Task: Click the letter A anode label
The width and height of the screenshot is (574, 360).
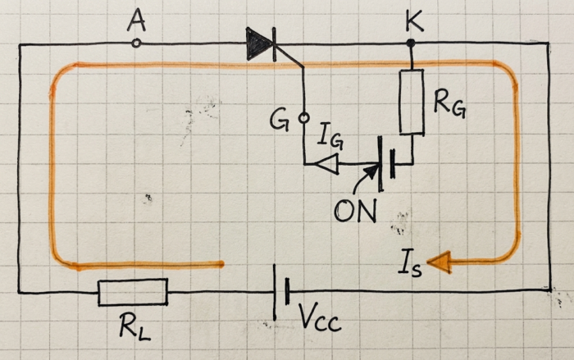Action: pyautogui.click(x=137, y=21)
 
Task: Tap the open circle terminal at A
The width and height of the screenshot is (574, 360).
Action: pyautogui.click(x=136, y=43)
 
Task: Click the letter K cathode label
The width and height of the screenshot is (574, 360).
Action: pyautogui.click(x=414, y=21)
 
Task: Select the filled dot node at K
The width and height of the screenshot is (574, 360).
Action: pyautogui.click(x=411, y=43)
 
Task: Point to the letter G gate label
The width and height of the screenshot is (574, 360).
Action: pyautogui.click(x=279, y=121)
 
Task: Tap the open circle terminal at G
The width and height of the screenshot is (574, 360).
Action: pyautogui.click(x=304, y=118)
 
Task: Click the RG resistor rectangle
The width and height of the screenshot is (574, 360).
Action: pyautogui.click(x=412, y=102)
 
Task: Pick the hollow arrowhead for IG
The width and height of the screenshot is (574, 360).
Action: pyautogui.click(x=326, y=164)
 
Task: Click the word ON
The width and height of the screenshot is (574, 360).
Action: pyautogui.click(x=355, y=212)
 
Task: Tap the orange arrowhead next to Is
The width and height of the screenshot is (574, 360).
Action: pyautogui.click(x=440, y=262)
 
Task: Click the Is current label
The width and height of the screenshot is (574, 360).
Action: pyautogui.click(x=410, y=262)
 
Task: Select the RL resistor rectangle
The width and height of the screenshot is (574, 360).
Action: pyautogui.click(x=133, y=292)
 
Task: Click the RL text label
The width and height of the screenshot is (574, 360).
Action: pyautogui.click(x=134, y=326)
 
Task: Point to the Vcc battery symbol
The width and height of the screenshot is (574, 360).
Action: pyautogui.click(x=281, y=292)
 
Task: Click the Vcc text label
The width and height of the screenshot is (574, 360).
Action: pyautogui.click(x=320, y=318)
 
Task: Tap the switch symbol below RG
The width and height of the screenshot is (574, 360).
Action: pyautogui.click(x=386, y=164)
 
